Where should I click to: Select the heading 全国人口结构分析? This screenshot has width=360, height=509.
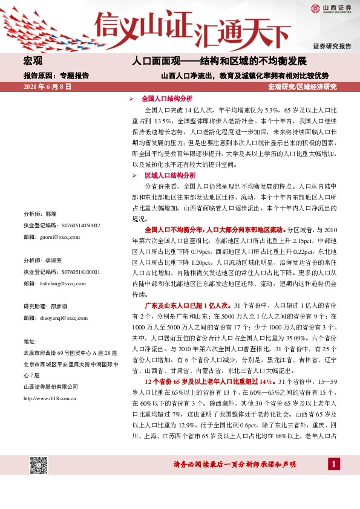166,98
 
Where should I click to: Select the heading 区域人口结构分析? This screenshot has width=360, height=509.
166,175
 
